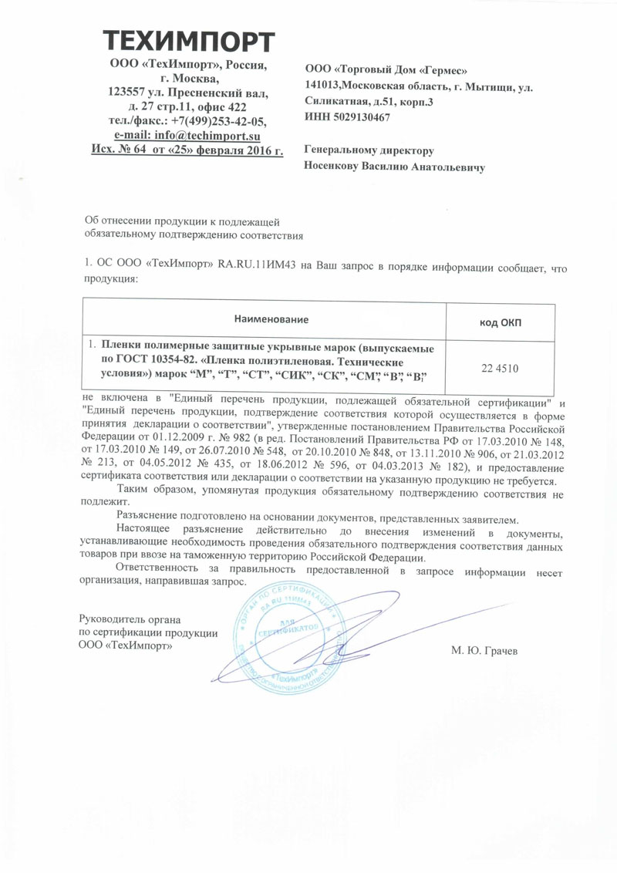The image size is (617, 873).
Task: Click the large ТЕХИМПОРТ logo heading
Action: (188, 41)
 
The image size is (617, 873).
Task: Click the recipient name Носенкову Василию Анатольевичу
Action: (395, 166)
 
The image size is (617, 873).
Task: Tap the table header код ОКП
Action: (499, 322)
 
